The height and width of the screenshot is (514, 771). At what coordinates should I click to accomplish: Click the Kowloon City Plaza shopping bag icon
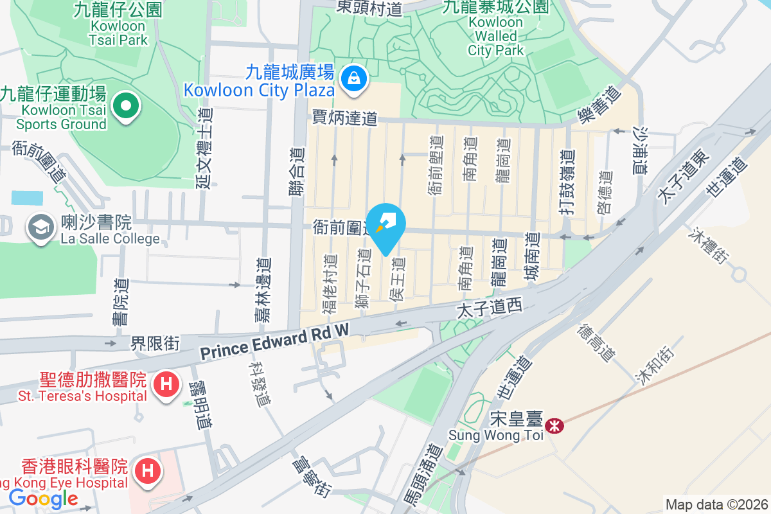tap(353, 80)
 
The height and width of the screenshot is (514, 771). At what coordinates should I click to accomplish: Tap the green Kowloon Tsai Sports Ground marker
tap(126, 107)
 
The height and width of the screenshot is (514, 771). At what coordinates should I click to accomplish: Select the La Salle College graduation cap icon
tap(41, 227)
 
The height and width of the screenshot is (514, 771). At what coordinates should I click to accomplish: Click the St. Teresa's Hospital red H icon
tap(166, 385)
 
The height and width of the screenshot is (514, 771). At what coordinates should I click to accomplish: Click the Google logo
tap(43, 498)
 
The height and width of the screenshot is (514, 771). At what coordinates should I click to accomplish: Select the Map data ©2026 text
tap(716, 504)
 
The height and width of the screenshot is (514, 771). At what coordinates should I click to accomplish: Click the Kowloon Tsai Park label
tap(119, 33)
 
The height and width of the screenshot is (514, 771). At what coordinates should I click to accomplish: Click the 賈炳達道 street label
tap(344, 118)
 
